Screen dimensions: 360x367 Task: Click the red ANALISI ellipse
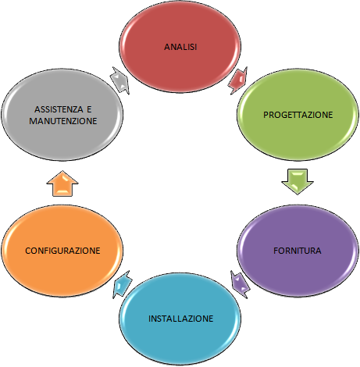180,47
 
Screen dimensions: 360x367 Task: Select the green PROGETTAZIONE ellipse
298,115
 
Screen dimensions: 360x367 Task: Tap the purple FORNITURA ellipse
298,251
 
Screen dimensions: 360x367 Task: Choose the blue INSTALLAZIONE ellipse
180,319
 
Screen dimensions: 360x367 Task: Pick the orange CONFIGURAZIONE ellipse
62,251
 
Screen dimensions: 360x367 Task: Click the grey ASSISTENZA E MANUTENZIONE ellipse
62,115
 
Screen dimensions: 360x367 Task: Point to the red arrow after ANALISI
238,80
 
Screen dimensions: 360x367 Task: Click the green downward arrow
298,181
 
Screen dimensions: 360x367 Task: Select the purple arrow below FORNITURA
240,284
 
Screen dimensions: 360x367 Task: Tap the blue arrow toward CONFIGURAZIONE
123,284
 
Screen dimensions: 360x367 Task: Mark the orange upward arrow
62,183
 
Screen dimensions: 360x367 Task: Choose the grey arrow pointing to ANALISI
120,80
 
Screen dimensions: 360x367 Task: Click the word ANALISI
180,47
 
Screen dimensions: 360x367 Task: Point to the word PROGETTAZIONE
298,115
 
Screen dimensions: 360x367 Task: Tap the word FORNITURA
298,251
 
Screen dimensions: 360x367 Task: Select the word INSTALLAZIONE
180,319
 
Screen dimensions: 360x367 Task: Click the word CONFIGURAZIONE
62,251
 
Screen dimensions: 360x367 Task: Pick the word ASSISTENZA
59,109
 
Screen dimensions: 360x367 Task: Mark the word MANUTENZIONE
63,121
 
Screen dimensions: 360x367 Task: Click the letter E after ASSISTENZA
89,109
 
